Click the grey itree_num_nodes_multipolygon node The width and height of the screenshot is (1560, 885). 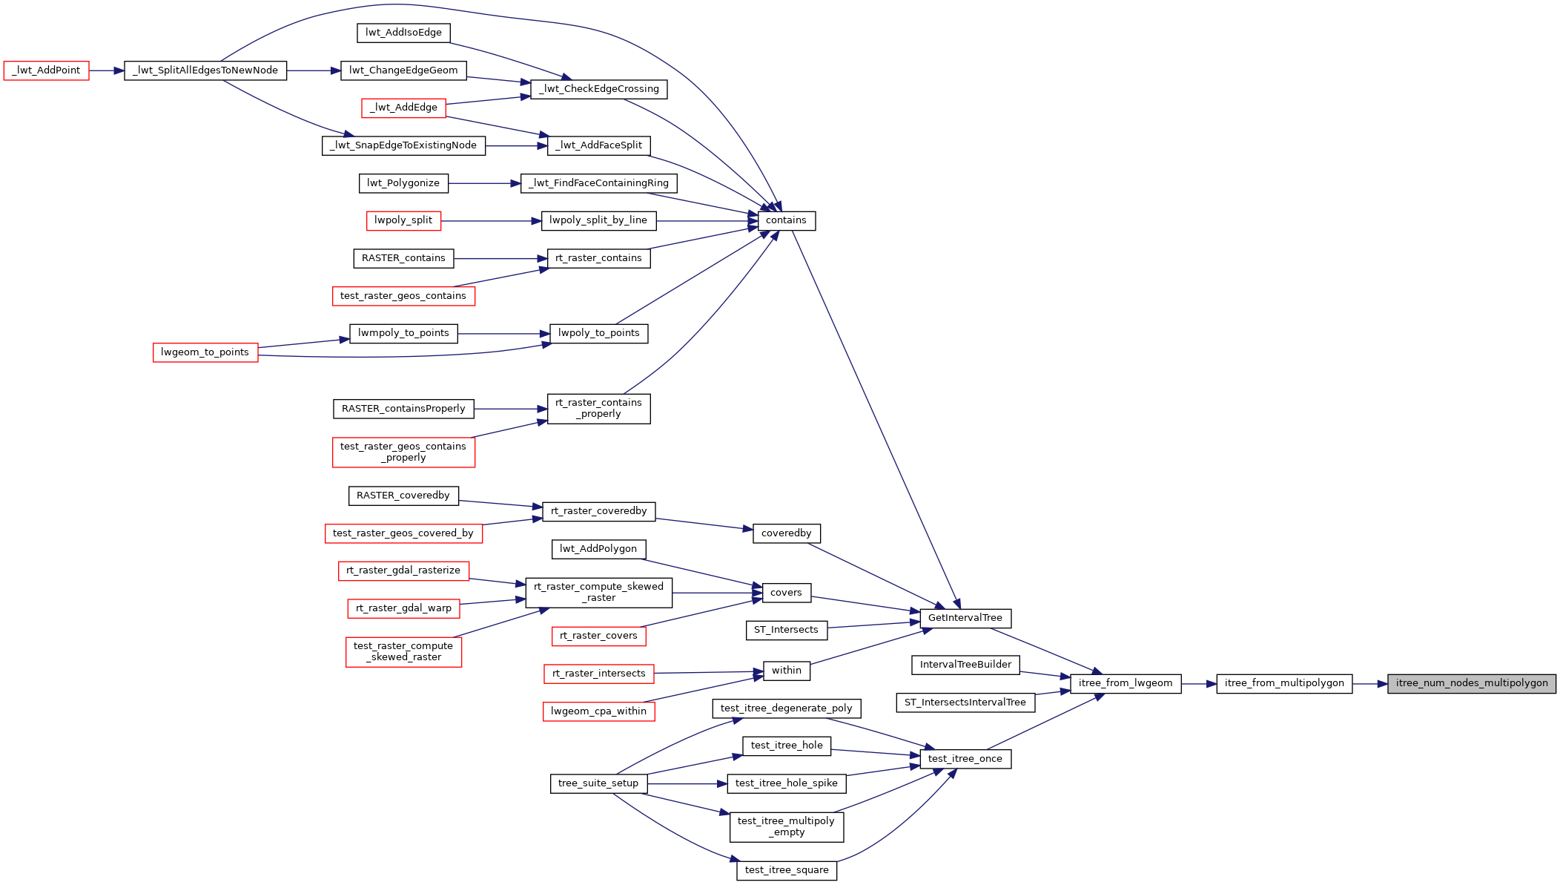point(1471,683)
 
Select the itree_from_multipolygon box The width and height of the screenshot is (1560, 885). point(1284,683)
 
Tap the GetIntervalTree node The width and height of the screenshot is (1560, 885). point(965,618)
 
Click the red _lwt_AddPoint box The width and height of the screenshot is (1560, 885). point(46,70)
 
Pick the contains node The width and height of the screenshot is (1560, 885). point(786,220)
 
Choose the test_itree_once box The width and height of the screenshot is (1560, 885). point(965,759)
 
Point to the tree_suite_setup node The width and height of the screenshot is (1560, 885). point(598,783)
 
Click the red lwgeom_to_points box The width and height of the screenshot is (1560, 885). point(205,352)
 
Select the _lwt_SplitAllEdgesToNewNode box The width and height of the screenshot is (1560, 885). point(205,70)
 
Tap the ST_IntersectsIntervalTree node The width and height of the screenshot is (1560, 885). point(965,703)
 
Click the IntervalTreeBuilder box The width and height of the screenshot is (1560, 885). point(965,665)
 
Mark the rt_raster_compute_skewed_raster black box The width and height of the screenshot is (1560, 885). point(598,593)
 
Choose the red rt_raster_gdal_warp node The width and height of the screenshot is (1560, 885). point(403,608)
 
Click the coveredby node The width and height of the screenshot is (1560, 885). point(786,533)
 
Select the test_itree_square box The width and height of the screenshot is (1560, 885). point(786,870)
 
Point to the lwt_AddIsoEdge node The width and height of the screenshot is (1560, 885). point(403,33)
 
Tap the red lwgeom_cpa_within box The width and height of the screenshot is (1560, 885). point(598,711)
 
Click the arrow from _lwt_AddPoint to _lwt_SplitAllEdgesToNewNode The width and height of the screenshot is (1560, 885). point(106,70)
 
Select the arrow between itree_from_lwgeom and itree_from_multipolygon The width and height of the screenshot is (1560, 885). point(1198,683)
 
